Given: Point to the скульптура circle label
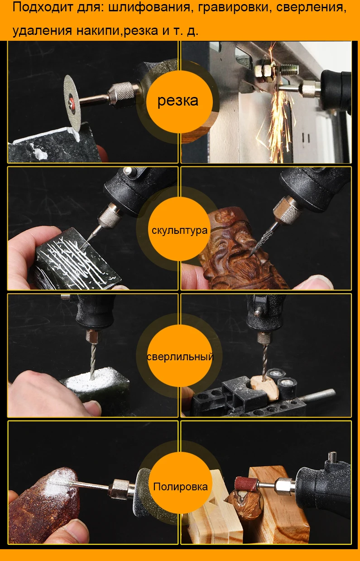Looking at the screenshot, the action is pyautogui.click(x=179, y=230).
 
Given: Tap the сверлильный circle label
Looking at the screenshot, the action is pyautogui.click(x=180, y=357).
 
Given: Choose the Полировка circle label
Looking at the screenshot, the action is pyautogui.click(x=181, y=487).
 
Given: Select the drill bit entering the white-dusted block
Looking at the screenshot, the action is pyautogui.click(x=93, y=361).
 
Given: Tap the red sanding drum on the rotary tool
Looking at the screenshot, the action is pyautogui.click(x=246, y=484).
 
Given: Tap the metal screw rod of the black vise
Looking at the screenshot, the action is pyautogui.click(x=317, y=395).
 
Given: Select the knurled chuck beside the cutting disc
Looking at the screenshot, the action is pyautogui.click(x=122, y=95).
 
